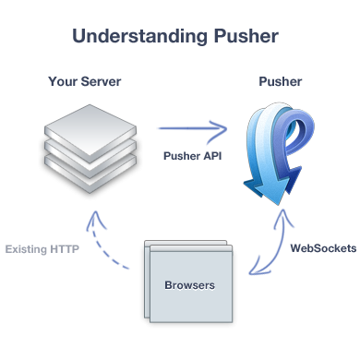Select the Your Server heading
(84, 81)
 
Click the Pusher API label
(192, 154)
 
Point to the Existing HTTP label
(42, 248)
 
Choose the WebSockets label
(319, 248)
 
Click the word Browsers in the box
(188, 285)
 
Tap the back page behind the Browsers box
(148, 247)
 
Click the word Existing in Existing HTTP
(27, 248)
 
